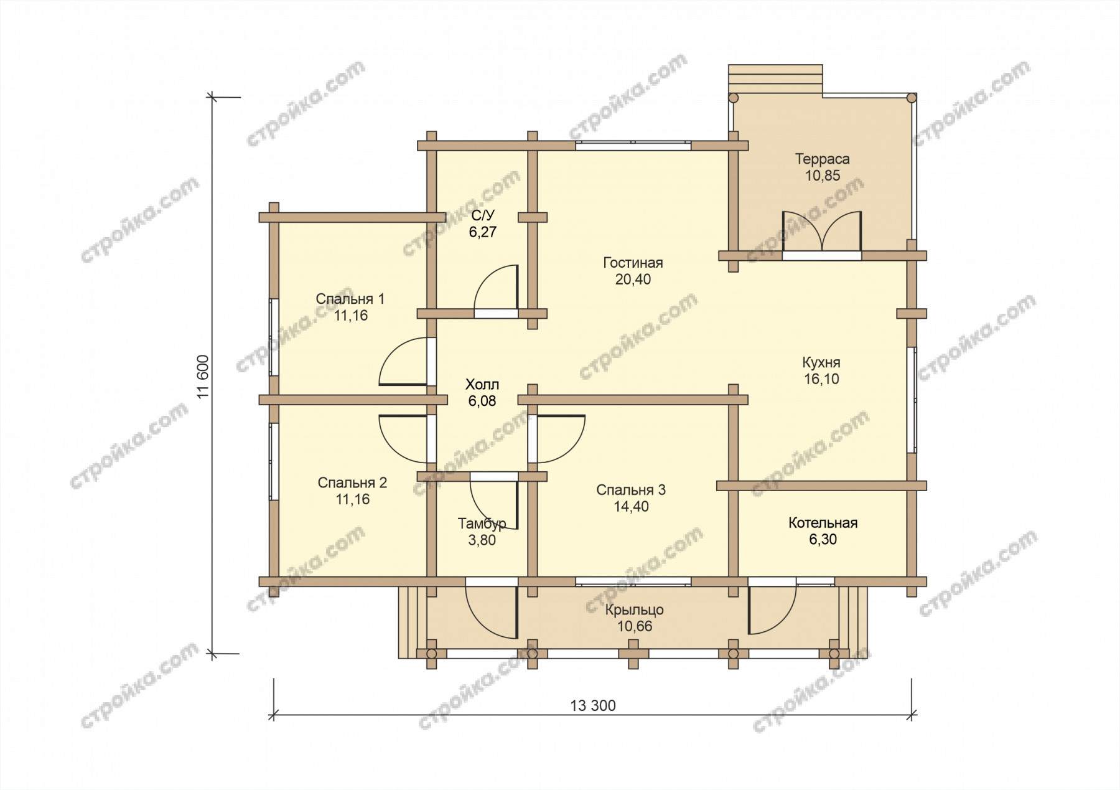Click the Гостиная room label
coord(633,263)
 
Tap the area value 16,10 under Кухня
coord(821,379)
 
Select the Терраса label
coord(822,159)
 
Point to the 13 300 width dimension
coord(593,705)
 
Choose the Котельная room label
coord(823,523)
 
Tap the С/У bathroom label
coord(483,215)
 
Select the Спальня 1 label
coord(350,299)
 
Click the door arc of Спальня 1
coord(403,361)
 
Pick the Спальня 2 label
coord(352,482)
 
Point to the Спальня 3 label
coord(631,490)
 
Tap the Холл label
coord(482,385)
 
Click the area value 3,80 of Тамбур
coord(482,540)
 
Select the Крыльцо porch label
coord(634,610)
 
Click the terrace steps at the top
coord(776,79)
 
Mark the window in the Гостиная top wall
coord(633,146)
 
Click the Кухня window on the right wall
coord(912,399)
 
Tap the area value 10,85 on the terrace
coord(823,176)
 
